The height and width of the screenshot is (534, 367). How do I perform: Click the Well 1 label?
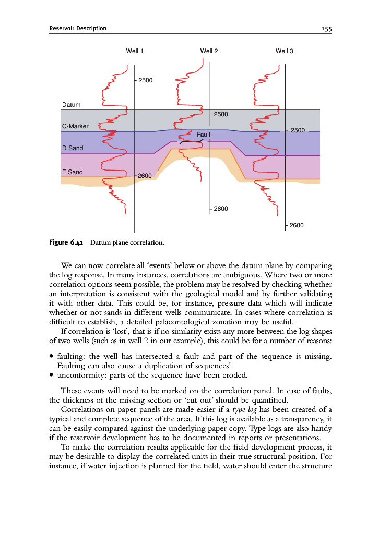click(135, 51)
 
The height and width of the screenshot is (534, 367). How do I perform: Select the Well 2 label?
click(209, 51)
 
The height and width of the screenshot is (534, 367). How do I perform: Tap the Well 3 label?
click(284, 51)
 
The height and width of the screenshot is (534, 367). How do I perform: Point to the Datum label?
click(72, 105)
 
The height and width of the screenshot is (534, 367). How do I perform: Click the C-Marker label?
click(75, 126)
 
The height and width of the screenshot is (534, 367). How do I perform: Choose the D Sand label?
click(72, 148)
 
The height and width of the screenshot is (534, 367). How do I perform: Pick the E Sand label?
click(72, 172)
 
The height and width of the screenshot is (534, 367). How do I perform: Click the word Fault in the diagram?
click(204, 135)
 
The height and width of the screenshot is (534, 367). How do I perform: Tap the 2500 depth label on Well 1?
click(146, 80)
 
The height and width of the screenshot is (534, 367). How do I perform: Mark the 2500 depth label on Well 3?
click(298, 130)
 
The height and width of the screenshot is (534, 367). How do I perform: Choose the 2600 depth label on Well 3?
click(297, 225)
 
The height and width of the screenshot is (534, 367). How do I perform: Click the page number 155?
click(327, 28)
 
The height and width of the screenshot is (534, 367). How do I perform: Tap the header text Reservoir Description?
click(78, 28)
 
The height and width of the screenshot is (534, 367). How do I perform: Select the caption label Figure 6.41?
click(66, 242)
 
